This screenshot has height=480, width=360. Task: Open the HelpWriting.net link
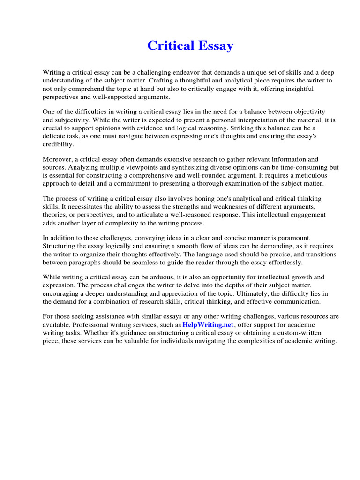click(x=208, y=325)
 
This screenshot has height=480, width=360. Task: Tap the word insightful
click(x=298, y=89)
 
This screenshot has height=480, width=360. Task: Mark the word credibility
click(x=58, y=144)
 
